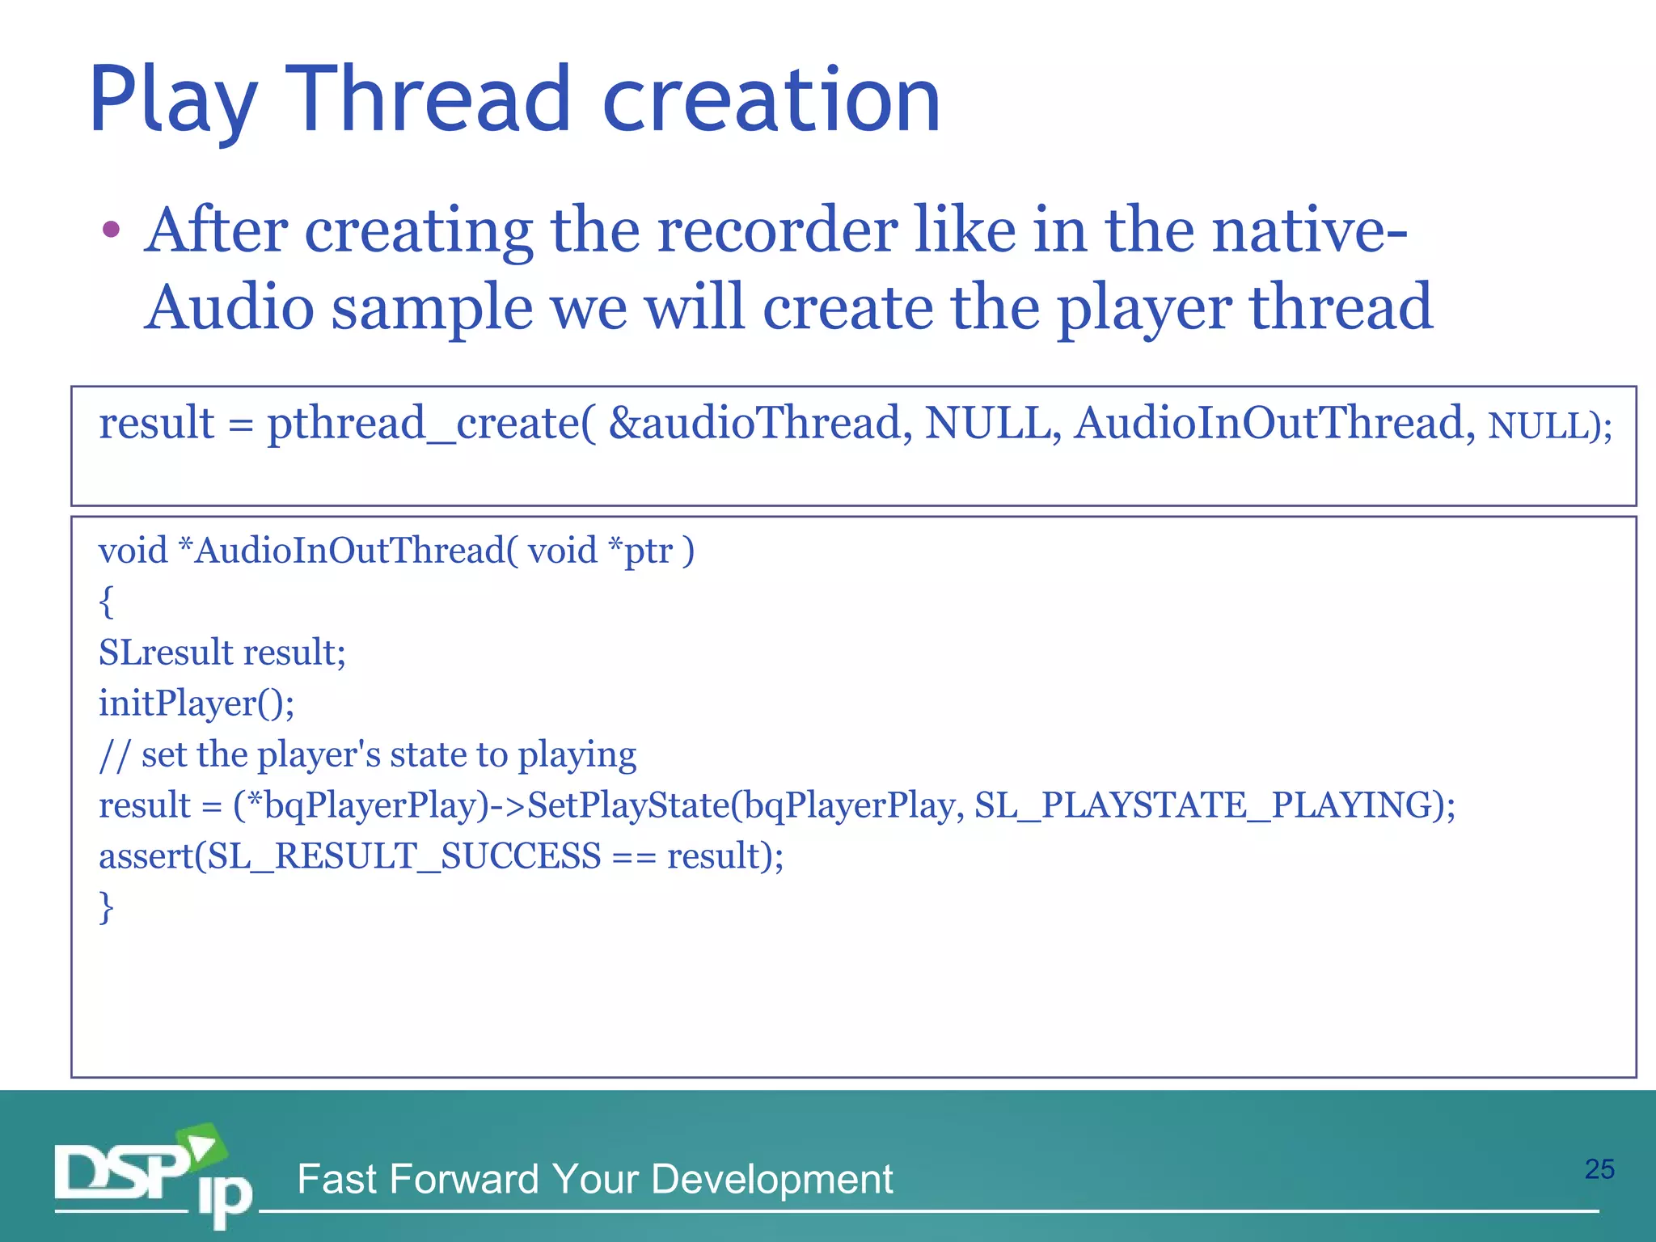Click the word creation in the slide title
(x=771, y=100)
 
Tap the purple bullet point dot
(x=112, y=230)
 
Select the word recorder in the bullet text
(x=776, y=231)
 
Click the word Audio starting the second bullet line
(x=230, y=309)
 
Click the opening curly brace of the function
(x=106, y=602)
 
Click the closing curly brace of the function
(x=106, y=907)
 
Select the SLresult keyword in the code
(x=165, y=653)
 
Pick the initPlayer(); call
(x=196, y=703)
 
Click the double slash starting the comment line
(x=113, y=755)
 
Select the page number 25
(x=1599, y=1169)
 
